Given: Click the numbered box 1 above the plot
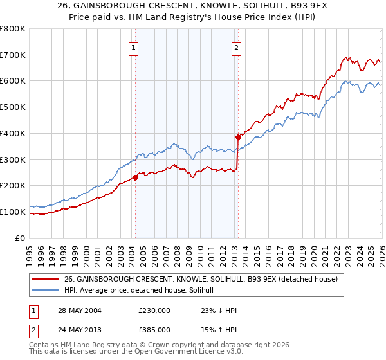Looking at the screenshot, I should (x=133, y=47).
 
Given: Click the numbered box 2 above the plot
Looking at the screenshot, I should (x=236, y=47).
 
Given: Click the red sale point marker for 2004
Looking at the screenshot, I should (x=135, y=177).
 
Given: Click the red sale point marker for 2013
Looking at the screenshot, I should (x=237, y=137).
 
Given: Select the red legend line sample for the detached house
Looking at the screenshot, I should (x=46, y=279).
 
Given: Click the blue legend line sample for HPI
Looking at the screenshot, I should (x=46, y=290).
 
